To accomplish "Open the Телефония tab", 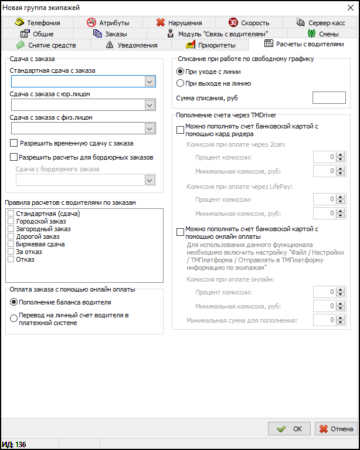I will pos(38,23).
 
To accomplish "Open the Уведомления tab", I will pos(133,45).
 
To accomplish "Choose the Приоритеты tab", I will pos(211,45).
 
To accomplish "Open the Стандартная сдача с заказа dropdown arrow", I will pos(149,82).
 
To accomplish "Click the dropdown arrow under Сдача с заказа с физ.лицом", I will pos(149,128).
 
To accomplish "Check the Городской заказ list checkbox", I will pos(11,221).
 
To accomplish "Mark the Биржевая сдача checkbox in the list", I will pos(11,244).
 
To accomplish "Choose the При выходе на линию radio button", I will pos(181,83).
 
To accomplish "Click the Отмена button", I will pos(336,429).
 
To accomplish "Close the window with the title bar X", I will pos(350,7).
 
